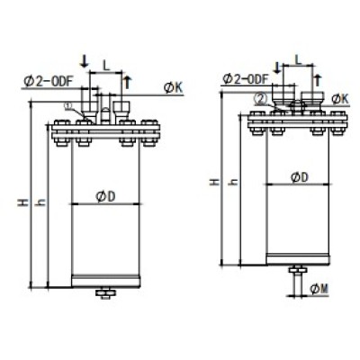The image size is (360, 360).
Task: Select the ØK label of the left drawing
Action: (x=173, y=87)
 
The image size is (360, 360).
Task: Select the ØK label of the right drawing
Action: (x=340, y=97)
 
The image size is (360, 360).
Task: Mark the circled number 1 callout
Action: (x=68, y=104)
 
